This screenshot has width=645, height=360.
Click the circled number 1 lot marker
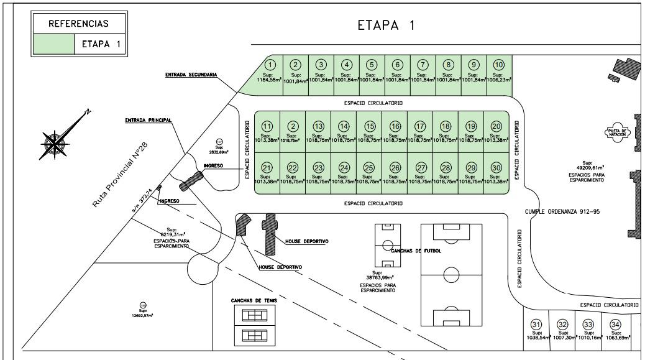270,65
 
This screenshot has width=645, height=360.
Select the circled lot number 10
498,65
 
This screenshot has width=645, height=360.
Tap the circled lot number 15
370,126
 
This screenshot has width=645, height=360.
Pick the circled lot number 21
267,168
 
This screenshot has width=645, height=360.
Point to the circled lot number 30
496,168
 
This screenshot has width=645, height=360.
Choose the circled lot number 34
615,325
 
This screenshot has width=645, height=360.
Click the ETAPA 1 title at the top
385,25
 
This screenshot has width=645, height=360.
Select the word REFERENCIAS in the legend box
78,24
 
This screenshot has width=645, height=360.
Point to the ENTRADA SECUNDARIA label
191,75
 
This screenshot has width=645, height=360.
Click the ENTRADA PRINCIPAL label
148,120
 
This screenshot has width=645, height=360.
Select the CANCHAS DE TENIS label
254,300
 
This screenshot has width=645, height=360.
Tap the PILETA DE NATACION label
618,132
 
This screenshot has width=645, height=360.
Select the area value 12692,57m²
142,315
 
